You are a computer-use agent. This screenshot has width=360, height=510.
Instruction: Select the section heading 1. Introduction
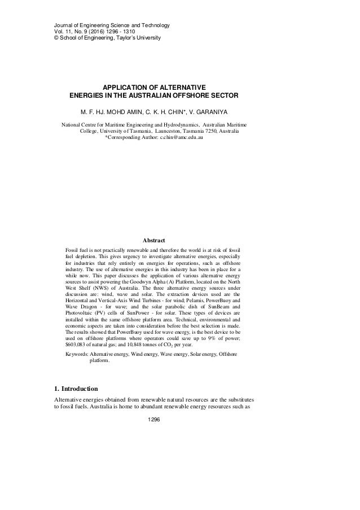80,389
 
